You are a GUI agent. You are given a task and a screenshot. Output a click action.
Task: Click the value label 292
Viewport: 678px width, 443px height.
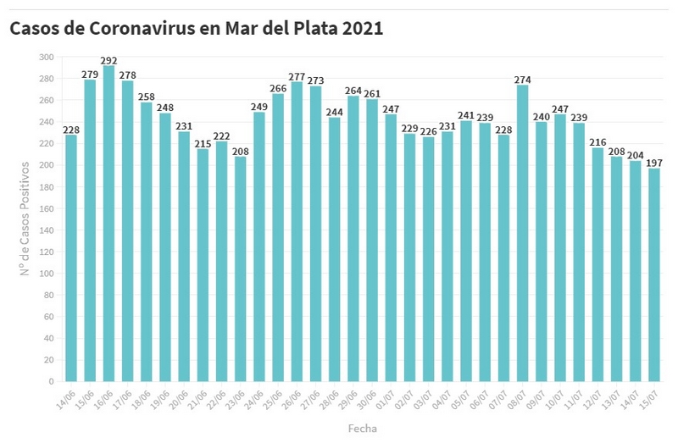click(108, 60)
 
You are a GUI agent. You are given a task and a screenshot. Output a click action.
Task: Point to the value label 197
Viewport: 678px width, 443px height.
click(653, 163)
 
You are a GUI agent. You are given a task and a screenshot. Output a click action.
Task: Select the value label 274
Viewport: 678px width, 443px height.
click(522, 80)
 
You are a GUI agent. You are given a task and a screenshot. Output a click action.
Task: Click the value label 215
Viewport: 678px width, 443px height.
click(203, 143)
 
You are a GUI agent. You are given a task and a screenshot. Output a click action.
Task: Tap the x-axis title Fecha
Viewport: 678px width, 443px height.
click(362, 429)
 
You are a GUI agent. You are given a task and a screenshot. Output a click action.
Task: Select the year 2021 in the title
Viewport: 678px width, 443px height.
click(364, 28)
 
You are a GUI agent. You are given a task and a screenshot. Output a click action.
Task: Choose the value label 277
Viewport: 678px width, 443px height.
click(297, 76)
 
